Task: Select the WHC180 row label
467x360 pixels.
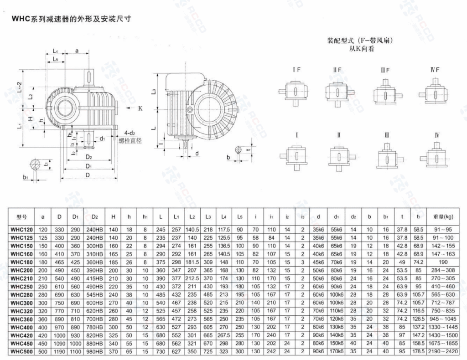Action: pos(22,262)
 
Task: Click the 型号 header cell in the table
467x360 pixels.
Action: pos(22,217)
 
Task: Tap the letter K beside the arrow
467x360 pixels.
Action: pos(140,108)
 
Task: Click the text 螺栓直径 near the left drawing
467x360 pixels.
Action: pos(130,141)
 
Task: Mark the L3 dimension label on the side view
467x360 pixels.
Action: pos(154,92)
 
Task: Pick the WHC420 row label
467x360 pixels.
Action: pos(22,336)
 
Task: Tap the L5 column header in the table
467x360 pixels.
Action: pos(240,217)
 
